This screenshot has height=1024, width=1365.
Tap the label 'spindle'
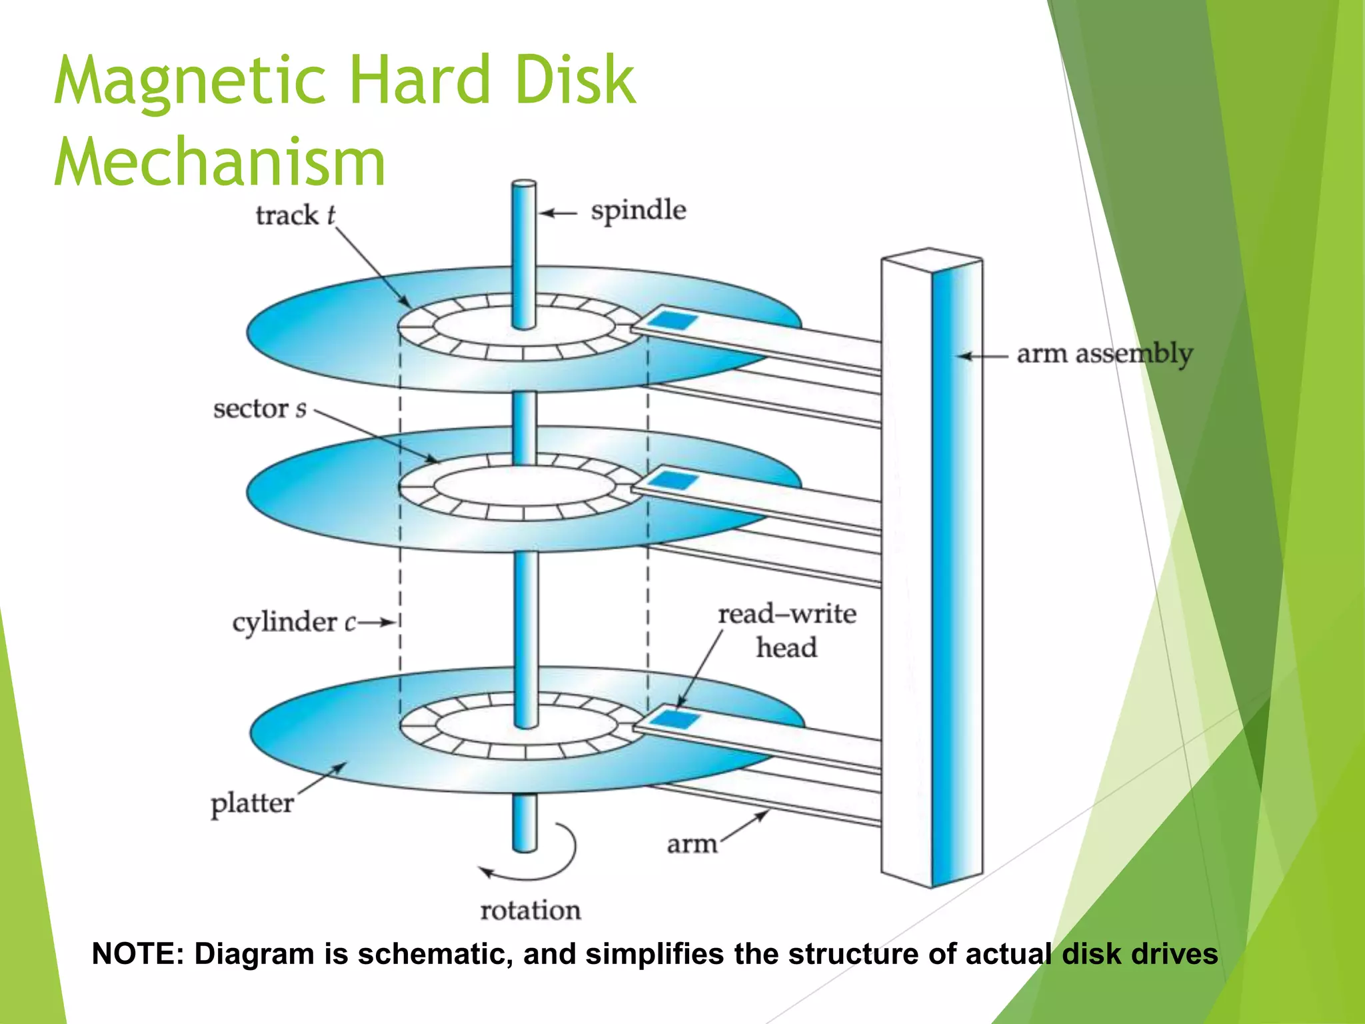638,211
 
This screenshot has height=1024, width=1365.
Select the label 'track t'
295,215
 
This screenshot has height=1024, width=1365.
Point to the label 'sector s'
259,409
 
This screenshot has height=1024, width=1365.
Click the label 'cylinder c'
294,623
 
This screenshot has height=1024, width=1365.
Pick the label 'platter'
252,803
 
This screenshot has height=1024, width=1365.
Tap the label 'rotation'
530,910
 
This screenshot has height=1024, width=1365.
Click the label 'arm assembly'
1104,354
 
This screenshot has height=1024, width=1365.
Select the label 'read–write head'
786,630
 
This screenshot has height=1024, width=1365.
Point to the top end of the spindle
524,185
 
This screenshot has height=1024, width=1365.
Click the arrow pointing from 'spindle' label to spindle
557,213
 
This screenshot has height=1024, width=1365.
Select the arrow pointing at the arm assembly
983,356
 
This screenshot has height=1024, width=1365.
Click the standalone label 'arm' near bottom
691,844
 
